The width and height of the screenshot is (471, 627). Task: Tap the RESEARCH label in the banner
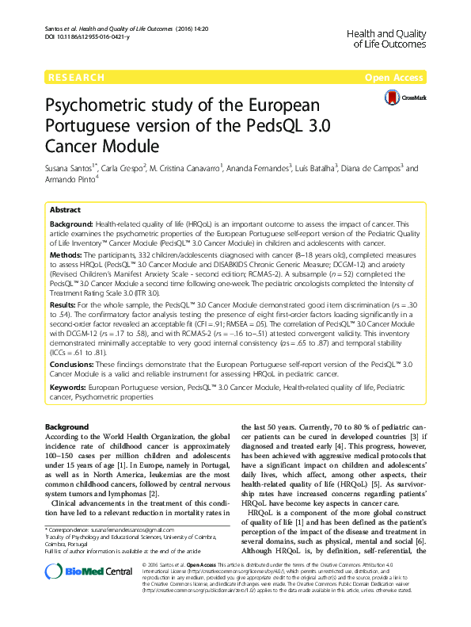point(77,78)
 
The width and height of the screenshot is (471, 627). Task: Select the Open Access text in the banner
point(397,78)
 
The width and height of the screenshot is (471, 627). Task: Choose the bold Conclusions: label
point(73,364)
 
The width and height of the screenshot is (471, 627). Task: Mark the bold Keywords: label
point(68,388)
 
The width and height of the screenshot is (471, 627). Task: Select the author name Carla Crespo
point(125,169)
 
